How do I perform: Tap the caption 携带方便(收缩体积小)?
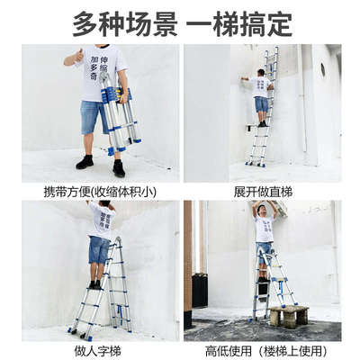point(98,192)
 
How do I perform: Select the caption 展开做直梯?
point(262,192)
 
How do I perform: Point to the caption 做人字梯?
point(98,349)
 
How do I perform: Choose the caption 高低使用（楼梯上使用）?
point(262,349)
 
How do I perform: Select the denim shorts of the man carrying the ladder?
point(93,118)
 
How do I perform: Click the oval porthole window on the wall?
point(321,69)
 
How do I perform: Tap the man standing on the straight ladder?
point(261,94)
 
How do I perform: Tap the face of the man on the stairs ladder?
point(265,211)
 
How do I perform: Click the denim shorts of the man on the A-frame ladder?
point(98,249)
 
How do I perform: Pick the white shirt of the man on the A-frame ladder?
point(100,220)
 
